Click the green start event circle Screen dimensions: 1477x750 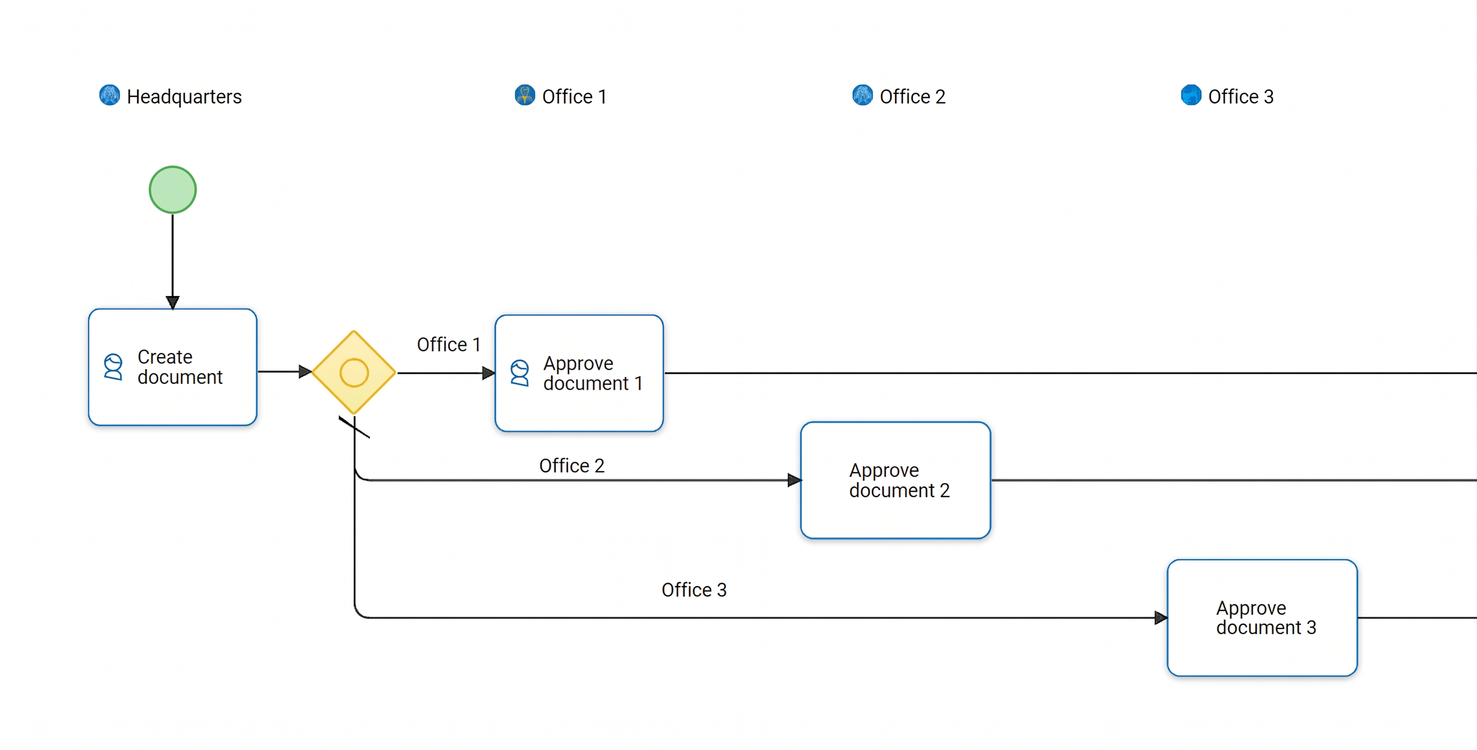click(x=173, y=190)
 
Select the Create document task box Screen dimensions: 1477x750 click(x=173, y=367)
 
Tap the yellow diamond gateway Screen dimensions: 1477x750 click(x=354, y=372)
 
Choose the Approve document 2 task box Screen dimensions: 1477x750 click(x=895, y=480)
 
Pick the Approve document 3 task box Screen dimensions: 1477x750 click(x=1262, y=618)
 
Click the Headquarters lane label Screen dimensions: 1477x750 click(x=184, y=96)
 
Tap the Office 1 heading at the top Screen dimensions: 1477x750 click(x=574, y=96)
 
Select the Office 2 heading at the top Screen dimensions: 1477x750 click(x=912, y=96)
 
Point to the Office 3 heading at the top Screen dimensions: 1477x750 click(x=1241, y=96)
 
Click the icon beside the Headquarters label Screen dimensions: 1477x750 click(x=110, y=95)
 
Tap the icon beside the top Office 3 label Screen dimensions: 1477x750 click(x=1191, y=95)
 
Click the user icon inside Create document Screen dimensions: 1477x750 click(x=113, y=366)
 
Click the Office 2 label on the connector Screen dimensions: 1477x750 click(x=571, y=466)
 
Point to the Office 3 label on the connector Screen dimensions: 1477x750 click(x=694, y=590)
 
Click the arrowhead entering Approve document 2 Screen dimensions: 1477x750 click(x=795, y=480)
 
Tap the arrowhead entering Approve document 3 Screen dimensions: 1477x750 click(x=1161, y=618)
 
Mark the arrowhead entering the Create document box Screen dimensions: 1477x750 click(x=173, y=302)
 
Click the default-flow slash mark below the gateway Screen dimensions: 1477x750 click(x=354, y=427)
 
